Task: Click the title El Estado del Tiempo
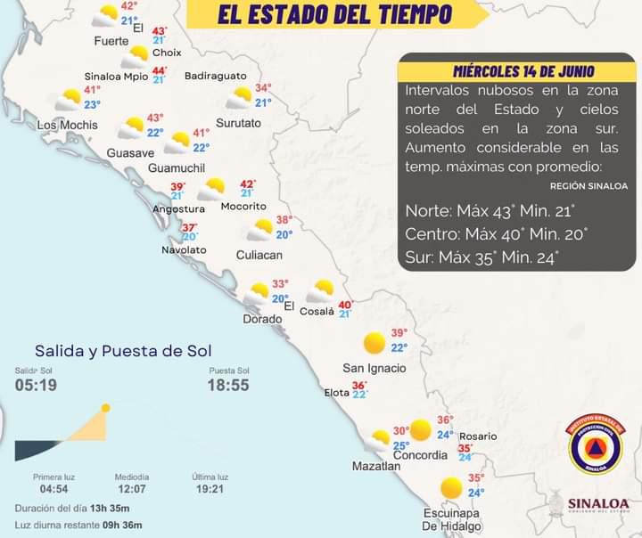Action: [334, 14]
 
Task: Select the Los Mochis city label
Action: [67, 125]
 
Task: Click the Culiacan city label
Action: [259, 255]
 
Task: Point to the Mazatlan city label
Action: [375, 466]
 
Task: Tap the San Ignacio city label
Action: [374, 368]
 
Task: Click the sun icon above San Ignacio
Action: [374, 343]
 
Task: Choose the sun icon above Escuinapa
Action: [451, 487]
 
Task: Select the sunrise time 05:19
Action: [36, 385]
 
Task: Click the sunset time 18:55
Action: [228, 385]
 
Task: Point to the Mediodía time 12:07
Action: [132, 489]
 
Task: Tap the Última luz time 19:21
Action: [210, 489]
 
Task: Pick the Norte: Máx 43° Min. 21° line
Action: [490, 211]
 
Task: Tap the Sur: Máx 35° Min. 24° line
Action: [482, 258]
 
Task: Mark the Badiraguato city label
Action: [216, 77]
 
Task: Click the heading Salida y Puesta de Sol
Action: [123, 351]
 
